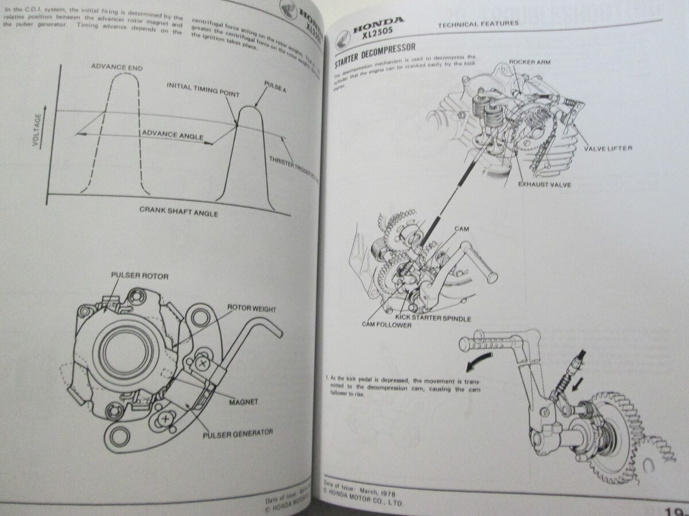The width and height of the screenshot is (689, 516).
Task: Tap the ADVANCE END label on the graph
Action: pyautogui.click(x=117, y=68)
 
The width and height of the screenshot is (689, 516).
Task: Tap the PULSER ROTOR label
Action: pyautogui.click(x=140, y=276)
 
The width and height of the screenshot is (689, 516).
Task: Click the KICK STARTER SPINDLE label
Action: pyautogui.click(x=433, y=318)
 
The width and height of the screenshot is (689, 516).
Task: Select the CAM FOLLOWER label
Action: pyautogui.click(x=386, y=325)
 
